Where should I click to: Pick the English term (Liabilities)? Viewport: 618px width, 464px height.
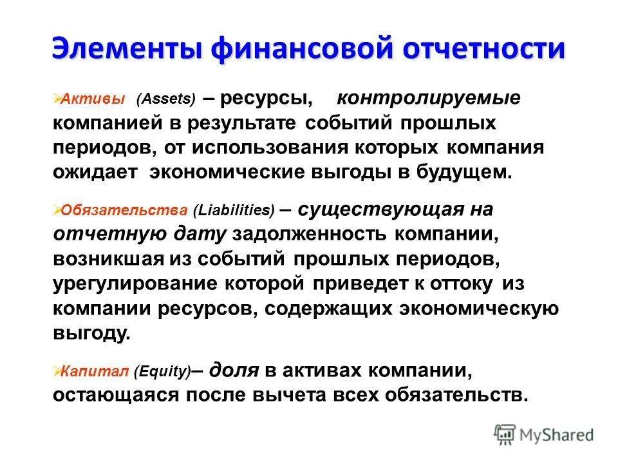click(237, 210)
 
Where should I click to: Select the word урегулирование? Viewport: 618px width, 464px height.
click(135, 283)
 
